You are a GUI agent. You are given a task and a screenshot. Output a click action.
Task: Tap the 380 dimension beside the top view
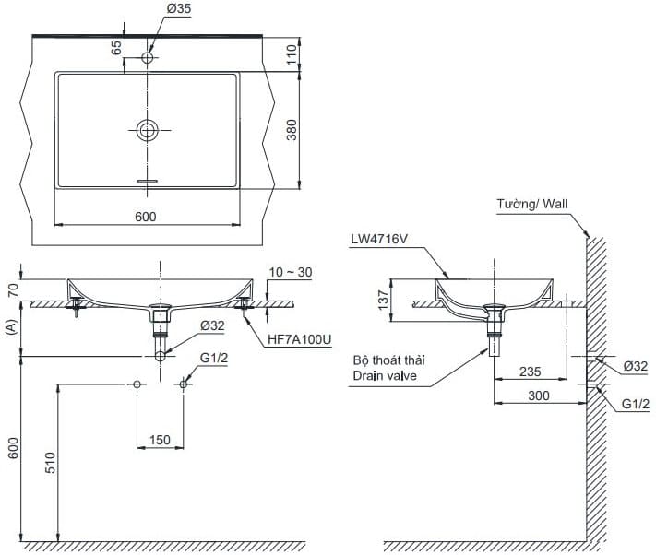[x=292, y=130]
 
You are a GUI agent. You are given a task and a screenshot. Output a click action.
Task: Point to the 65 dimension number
[x=117, y=48]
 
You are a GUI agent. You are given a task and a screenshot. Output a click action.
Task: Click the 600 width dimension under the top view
[x=146, y=216]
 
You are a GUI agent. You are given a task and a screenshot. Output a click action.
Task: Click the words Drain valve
[x=383, y=376]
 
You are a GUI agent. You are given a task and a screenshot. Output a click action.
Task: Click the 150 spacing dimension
[x=160, y=440]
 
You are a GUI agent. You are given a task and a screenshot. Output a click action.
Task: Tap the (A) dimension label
[x=10, y=327]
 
